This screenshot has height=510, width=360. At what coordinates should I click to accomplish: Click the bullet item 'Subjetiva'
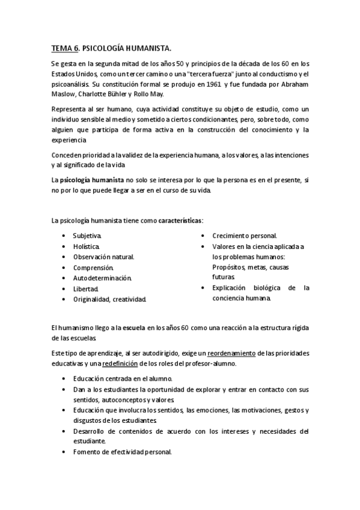pyautogui.click(x=87, y=235)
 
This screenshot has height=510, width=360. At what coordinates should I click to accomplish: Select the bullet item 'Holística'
pyautogui.click(x=87, y=246)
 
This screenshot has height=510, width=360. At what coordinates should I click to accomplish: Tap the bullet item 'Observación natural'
pyautogui.click(x=103, y=256)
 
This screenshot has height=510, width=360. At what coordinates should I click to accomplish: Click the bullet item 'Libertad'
pyautogui.click(x=85, y=289)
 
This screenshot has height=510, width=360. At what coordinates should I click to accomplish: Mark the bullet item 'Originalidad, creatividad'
pyautogui.click(x=109, y=299)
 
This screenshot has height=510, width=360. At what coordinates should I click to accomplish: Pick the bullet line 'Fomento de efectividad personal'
pyautogui.click(x=123, y=452)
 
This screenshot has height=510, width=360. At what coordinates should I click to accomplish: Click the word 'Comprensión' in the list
pyautogui.click(x=93, y=267)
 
